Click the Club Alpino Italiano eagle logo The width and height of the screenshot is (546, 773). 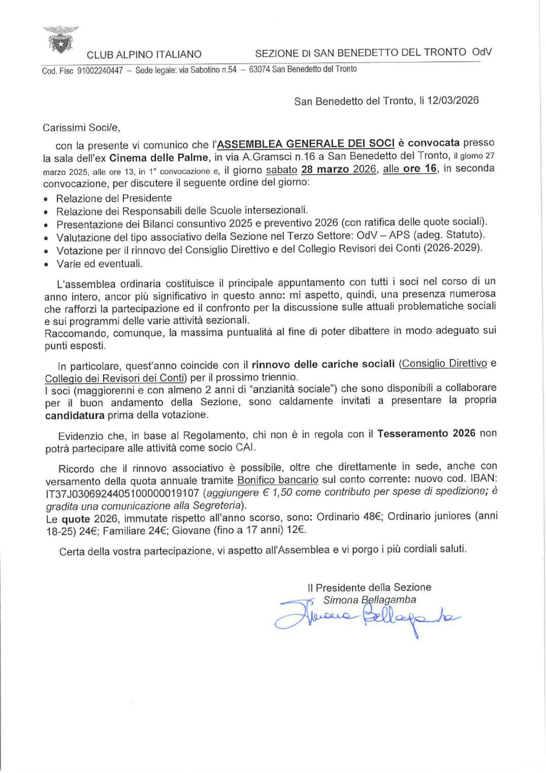62,40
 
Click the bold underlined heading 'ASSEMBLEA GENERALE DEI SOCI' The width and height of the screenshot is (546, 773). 306,143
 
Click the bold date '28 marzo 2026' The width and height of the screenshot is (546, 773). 338,169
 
